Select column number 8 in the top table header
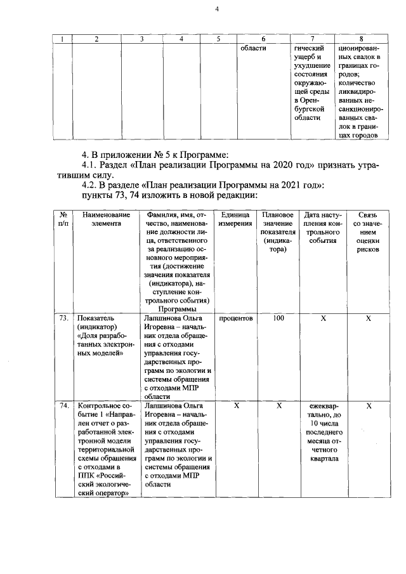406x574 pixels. pos(361,39)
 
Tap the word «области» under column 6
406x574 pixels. pos(253,48)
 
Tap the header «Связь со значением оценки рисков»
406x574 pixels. pos(367,232)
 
